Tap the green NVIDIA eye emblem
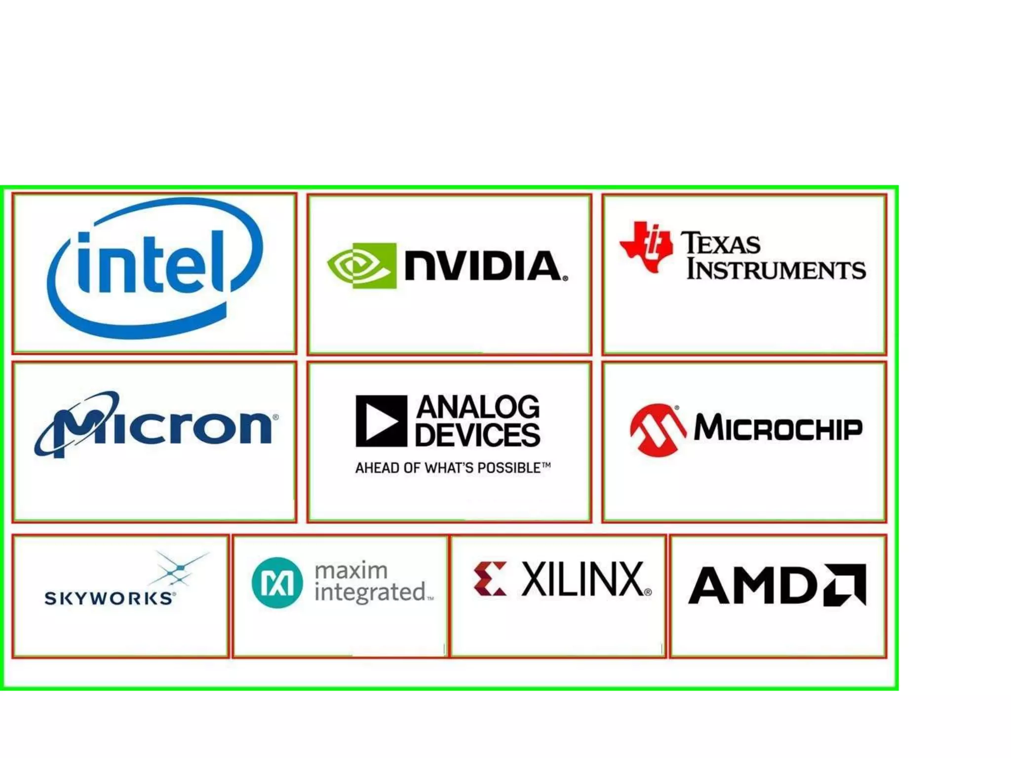pos(362,265)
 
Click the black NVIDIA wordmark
pos(485,266)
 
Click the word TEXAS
pos(721,243)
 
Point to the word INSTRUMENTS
pos(776,269)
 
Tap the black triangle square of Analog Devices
pos(381,421)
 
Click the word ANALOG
pos(478,407)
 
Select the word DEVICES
pos(477,435)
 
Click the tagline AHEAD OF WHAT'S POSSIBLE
pos(453,468)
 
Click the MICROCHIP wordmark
pos(778,427)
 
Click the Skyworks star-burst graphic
pos(180,569)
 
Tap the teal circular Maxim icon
pos(277,583)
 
